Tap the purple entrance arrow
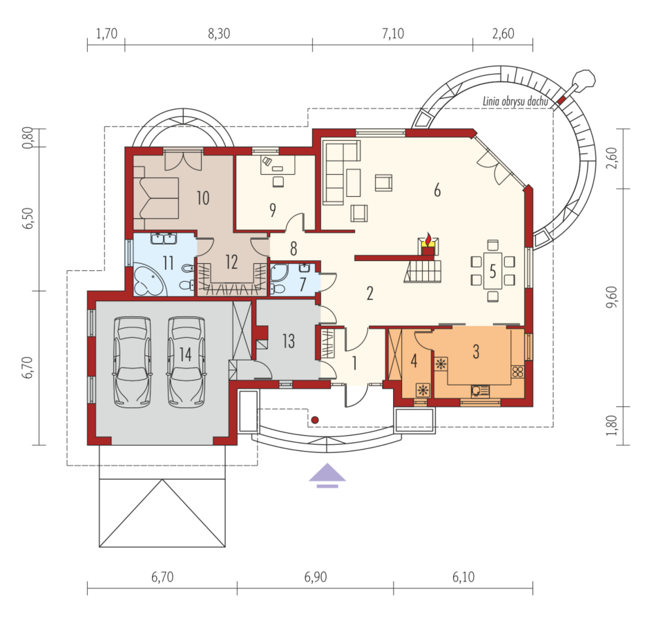click(x=327, y=475)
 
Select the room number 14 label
click(x=185, y=355)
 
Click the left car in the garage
click(x=132, y=362)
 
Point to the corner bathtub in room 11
click(x=150, y=280)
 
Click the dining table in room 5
click(x=492, y=271)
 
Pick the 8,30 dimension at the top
click(x=219, y=34)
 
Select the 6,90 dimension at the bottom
click(x=316, y=577)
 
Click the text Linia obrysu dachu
click(x=515, y=101)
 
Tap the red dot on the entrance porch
click(x=315, y=420)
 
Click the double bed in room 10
click(x=156, y=198)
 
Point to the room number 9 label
click(x=273, y=210)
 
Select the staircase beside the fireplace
click(x=423, y=271)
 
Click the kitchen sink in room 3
click(x=480, y=391)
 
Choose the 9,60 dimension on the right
click(x=612, y=297)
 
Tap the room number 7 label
click(x=303, y=284)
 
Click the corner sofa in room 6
click(x=341, y=172)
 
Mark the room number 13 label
click(x=288, y=341)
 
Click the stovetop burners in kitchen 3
click(x=518, y=372)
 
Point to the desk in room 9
click(x=278, y=164)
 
